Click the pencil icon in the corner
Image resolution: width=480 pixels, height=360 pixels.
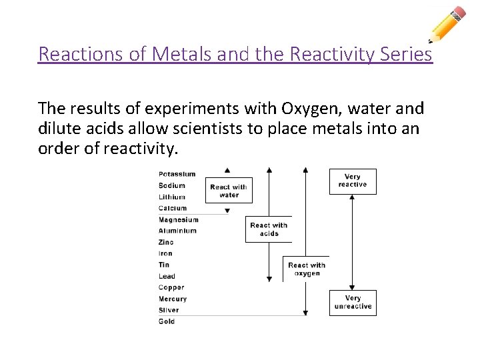click(x=447, y=24)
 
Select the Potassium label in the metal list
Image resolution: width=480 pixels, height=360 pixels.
click(x=177, y=175)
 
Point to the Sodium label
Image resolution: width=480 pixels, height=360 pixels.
click(x=173, y=186)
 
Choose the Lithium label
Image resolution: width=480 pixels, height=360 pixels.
click(x=172, y=197)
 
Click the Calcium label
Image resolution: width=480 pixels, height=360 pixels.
click(x=173, y=209)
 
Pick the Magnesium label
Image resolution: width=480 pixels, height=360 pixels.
click(x=179, y=220)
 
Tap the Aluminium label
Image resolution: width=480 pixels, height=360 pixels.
click(x=178, y=231)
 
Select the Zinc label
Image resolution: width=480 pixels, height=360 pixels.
click(x=166, y=243)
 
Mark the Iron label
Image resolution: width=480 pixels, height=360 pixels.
click(x=165, y=254)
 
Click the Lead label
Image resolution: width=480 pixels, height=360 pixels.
click(x=167, y=276)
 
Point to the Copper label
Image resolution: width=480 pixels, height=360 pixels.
click(x=171, y=287)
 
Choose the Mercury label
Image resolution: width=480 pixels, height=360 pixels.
click(x=173, y=299)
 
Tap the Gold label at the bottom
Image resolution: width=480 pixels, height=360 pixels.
click(x=167, y=321)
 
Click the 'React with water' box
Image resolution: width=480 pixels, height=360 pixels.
click(x=229, y=191)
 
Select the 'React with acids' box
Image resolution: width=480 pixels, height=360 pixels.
click(x=269, y=229)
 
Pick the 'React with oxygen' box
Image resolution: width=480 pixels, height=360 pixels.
click(x=307, y=269)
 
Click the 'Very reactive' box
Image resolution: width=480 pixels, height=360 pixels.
click(x=353, y=181)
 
